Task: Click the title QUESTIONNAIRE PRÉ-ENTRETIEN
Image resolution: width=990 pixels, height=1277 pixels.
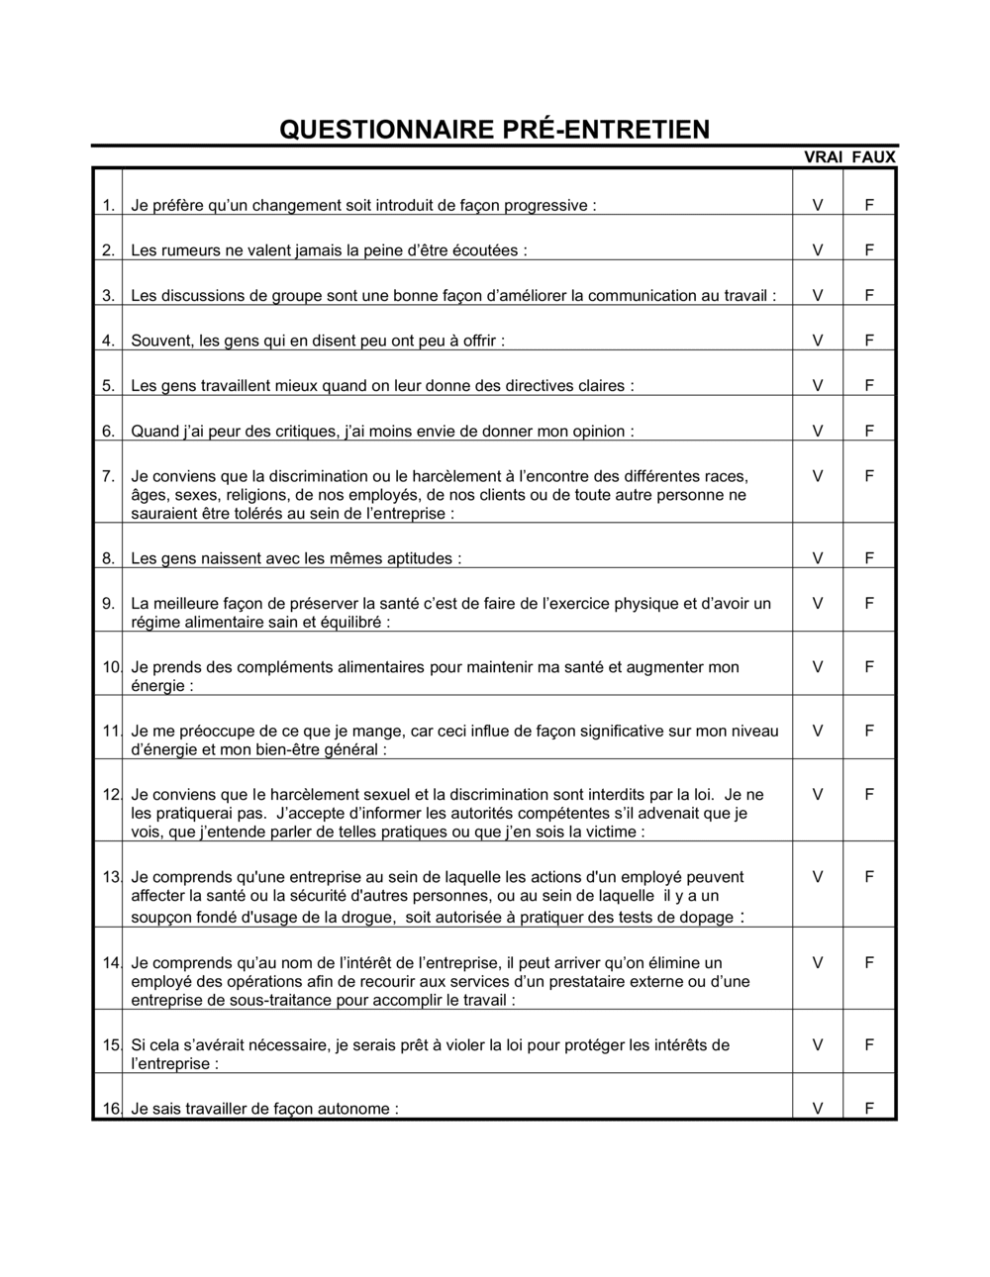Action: [x=494, y=130]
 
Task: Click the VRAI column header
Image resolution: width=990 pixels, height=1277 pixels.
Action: [x=823, y=156]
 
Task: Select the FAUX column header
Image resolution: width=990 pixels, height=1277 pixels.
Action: [x=874, y=156]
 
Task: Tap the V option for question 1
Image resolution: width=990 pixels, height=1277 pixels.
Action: [x=818, y=206]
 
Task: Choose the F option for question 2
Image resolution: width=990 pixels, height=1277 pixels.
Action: [x=869, y=250]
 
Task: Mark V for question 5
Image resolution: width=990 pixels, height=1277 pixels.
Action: [x=818, y=385]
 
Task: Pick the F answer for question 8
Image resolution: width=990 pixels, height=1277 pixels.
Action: [x=869, y=558]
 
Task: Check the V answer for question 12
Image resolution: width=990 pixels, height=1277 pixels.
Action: [x=818, y=794]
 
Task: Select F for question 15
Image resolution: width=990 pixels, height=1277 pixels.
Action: [x=869, y=1044]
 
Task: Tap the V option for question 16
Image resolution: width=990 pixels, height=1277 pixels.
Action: [x=818, y=1109]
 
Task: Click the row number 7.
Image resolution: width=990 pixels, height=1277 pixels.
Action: [x=108, y=476]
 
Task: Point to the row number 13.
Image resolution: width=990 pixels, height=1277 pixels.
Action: [x=111, y=877]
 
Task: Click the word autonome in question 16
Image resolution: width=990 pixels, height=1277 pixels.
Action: [x=357, y=1109]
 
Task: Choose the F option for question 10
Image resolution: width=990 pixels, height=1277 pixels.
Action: [x=869, y=667]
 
